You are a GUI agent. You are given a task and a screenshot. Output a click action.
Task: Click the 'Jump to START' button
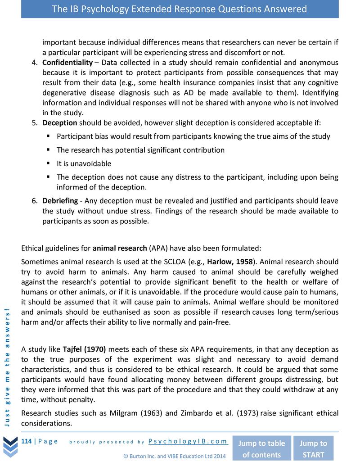(x=313, y=448)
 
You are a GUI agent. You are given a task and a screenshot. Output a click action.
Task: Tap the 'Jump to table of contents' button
(x=261, y=448)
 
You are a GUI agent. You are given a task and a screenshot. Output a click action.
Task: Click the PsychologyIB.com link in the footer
(x=188, y=441)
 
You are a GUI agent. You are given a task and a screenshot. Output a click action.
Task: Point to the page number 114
(x=27, y=441)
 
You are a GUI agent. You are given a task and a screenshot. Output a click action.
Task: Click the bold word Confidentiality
(x=67, y=62)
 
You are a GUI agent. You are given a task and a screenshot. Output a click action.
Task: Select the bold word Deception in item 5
(x=59, y=122)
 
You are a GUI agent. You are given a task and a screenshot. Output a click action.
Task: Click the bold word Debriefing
(x=61, y=200)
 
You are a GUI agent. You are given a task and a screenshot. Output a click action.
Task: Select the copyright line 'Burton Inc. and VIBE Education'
(x=174, y=456)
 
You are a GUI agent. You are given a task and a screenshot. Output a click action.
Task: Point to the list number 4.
(x=34, y=62)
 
